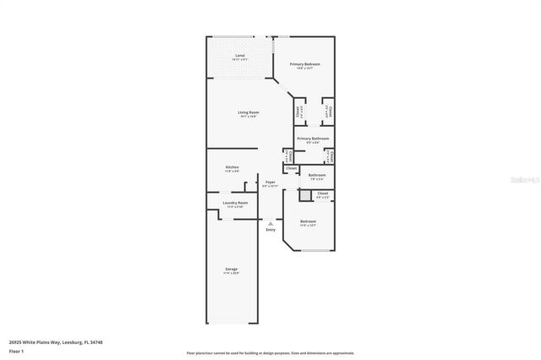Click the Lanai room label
240,56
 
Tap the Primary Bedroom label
305,64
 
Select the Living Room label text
248,112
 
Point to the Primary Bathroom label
313,138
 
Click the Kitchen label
232,167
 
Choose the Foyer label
270,182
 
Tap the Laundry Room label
235,203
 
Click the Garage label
231,270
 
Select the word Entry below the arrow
270,230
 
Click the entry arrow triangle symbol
270,222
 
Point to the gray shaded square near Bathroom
305,195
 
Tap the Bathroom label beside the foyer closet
317,175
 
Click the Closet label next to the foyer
291,168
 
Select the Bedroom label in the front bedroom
308,221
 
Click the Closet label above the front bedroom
322,194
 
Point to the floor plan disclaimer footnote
270,352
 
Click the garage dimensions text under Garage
231,274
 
